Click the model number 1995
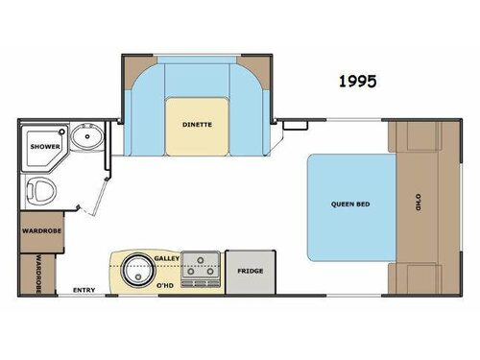pyautogui.click(x=356, y=83)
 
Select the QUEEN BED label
pyautogui.click(x=350, y=204)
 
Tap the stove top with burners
pyautogui.click(x=201, y=270)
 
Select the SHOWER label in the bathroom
pyautogui.click(x=45, y=146)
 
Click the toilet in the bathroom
pyautogui.click(x=41, y=191)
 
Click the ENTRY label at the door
pyautogui.click(x=84, y=290)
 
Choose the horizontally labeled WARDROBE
pyautogui.click(x=40, y=231)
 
